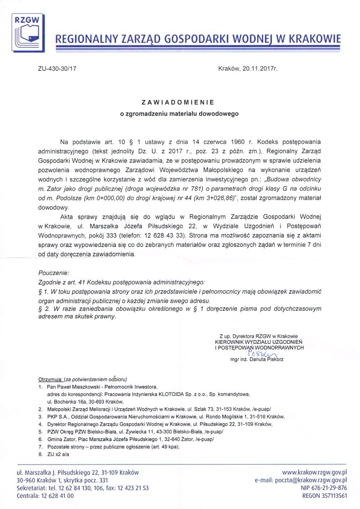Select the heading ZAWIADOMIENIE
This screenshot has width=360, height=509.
tap(178, 102)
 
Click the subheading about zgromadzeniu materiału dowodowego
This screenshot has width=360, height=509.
tap(179, 113)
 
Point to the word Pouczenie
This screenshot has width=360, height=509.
tap(53, 272)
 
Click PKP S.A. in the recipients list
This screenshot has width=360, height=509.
tap(58, 416)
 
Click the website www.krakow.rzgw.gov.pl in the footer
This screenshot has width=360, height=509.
tap(314, 472)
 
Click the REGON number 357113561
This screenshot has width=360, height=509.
tap(331, 495)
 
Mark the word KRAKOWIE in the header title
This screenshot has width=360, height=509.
tap(314, 39)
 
